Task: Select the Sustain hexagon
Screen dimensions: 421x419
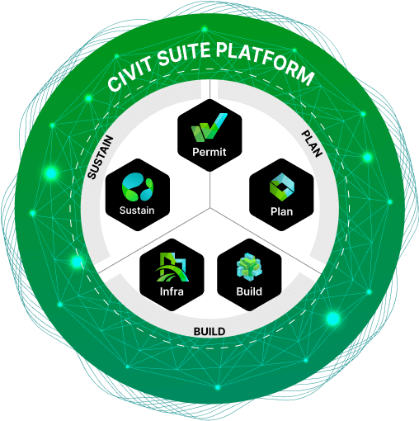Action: tap(138, 197)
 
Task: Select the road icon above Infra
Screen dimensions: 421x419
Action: tap(172, 267)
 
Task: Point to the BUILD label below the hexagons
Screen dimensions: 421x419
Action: tap(209, 332)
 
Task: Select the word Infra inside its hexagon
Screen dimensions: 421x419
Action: tap(172, 291)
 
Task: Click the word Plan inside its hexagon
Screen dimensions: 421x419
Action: tap(281, 212)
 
